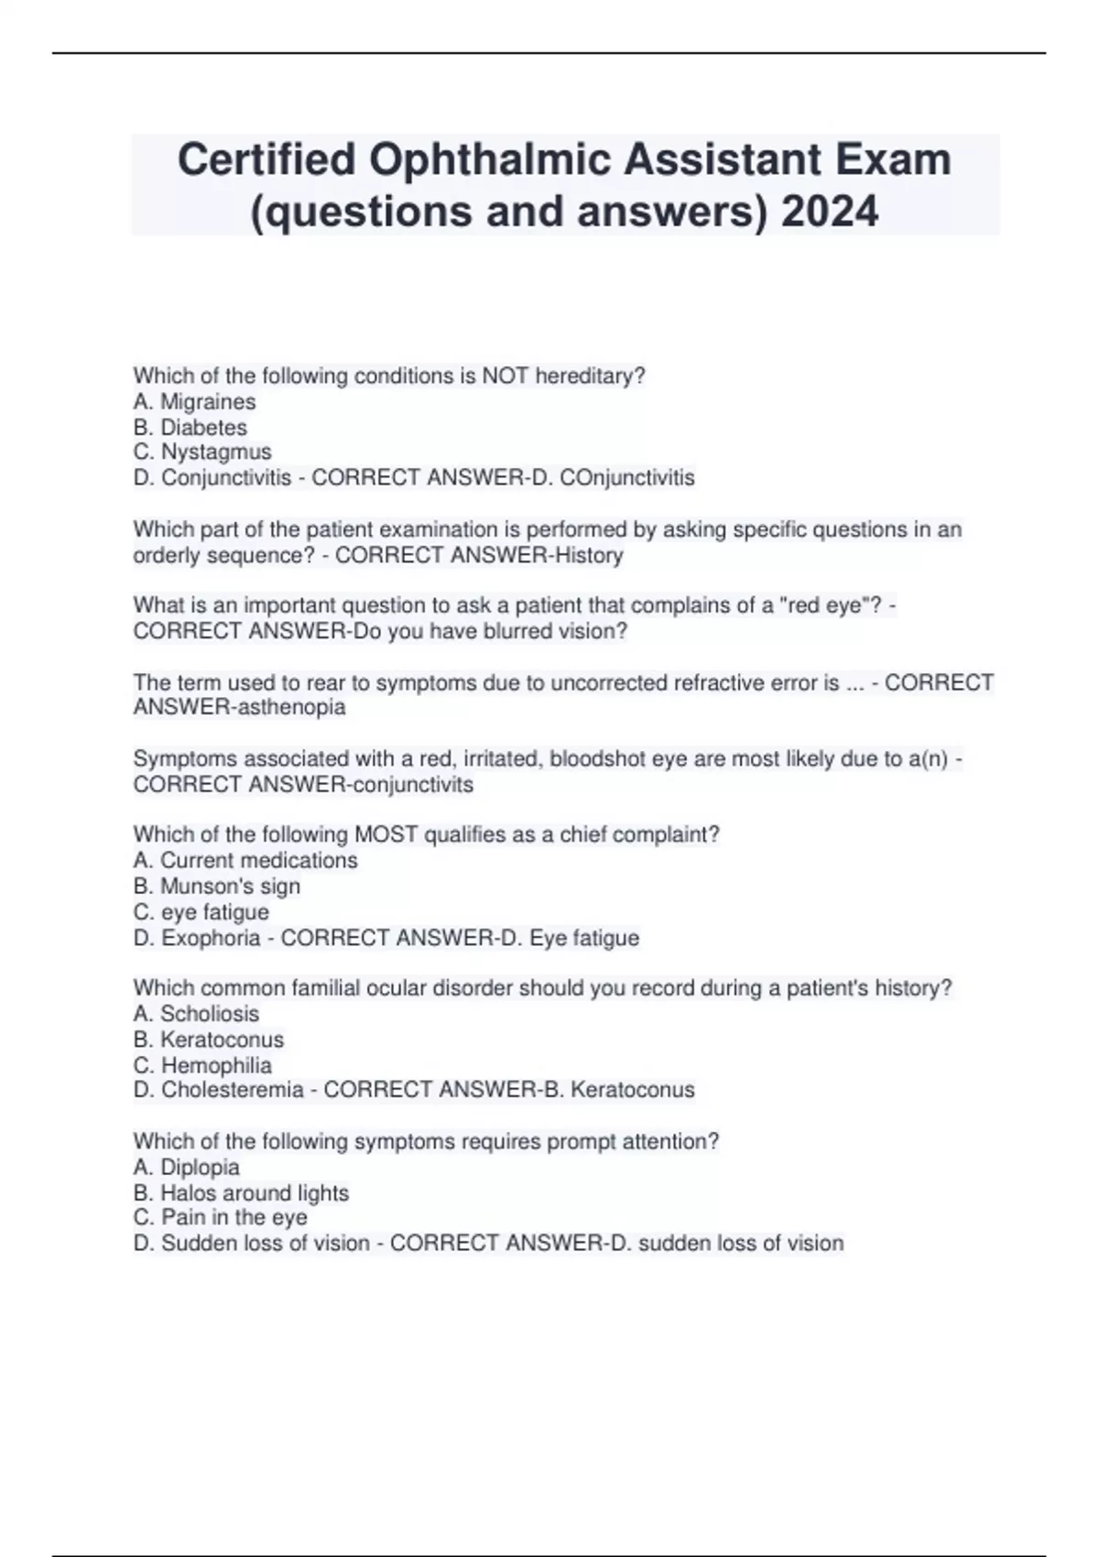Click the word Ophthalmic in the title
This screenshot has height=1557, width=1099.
490,160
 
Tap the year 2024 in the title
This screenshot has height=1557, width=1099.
831,212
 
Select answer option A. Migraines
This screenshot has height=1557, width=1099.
194,402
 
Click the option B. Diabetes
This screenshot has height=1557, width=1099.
190,428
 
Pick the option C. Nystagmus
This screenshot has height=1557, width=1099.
202,452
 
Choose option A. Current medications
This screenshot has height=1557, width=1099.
245,861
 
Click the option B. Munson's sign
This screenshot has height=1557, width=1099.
216,887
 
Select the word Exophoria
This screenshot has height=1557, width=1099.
211,939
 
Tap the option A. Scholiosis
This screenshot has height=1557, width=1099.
196,1014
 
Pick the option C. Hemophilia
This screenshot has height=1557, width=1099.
202,1066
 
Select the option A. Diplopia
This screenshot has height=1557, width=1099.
186,1168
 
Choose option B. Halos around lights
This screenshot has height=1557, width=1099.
241,1193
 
